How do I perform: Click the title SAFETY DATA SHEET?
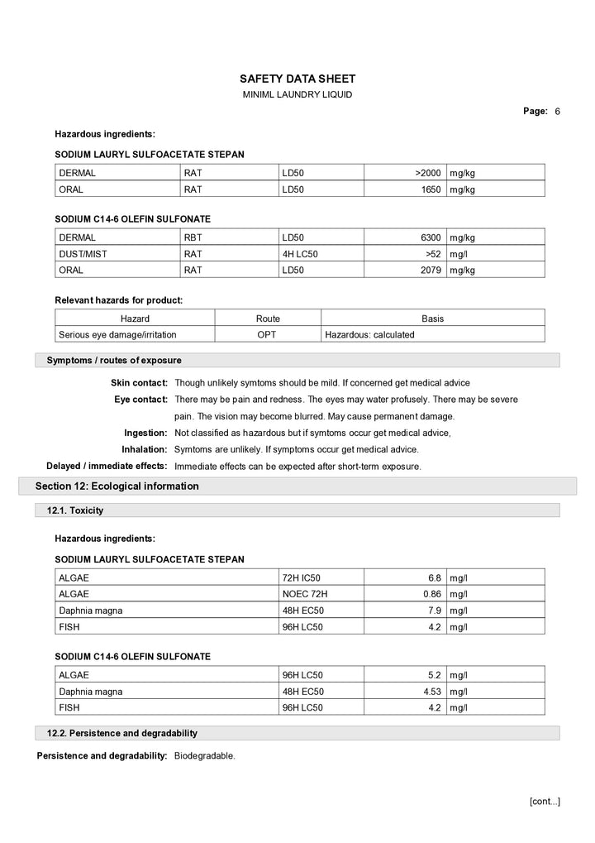click(297, 79)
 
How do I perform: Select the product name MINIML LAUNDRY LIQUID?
click(297, 95)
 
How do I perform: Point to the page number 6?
click(558, 112)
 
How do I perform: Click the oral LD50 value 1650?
click(431, 189)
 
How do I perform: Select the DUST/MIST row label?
click(83, 254)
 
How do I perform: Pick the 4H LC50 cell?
click(300, 254)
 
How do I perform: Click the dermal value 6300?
click(431, 237)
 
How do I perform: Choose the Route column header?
click(268, 319)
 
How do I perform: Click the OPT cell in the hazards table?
click(267, 335)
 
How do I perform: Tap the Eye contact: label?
click(140, 400)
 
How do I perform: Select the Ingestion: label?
click(145, 433)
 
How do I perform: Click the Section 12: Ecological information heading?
click(117, 486)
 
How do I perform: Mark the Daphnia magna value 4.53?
click(430, 692)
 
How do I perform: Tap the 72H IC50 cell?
click(302, 577)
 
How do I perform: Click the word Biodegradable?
click(204, 756)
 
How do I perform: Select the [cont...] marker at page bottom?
click(545, 801)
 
